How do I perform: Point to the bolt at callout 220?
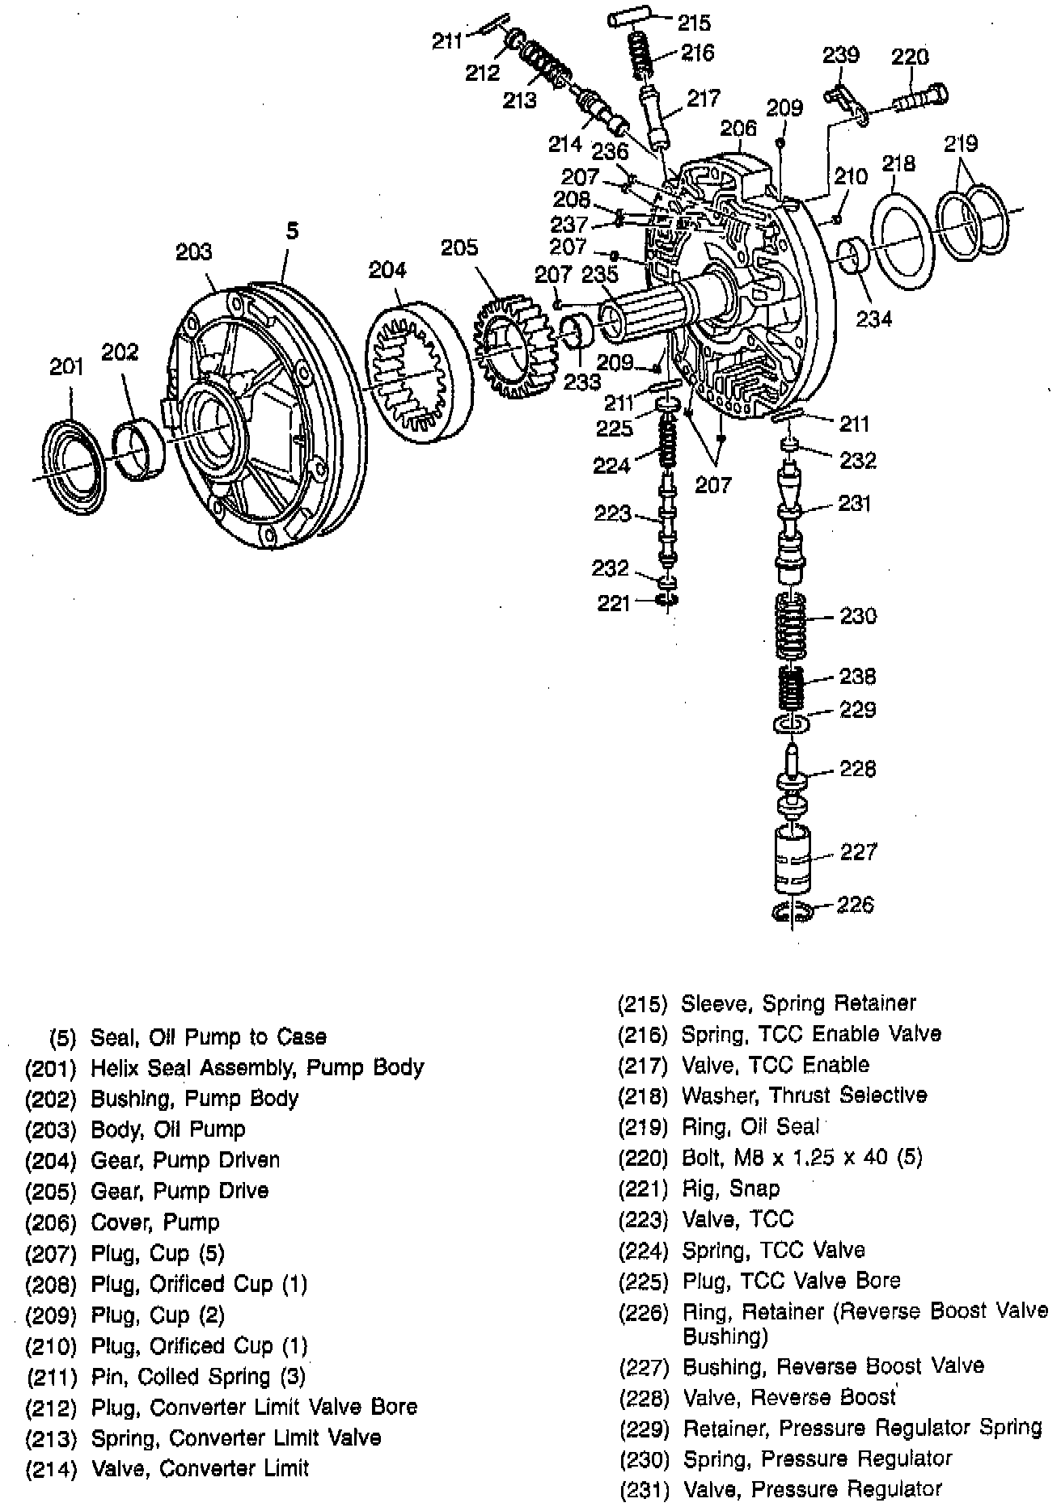click(x=922, y=100)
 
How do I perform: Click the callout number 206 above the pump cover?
click(x=738, y=128)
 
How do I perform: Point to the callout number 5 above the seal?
click(x=292, y=231)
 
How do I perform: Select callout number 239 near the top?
click(x=840, y=55)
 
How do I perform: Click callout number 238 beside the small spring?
click(x=857, y=676)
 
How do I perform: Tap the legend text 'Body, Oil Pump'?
click(x=167, y=1129)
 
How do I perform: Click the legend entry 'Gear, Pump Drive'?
click(x=180, y=1190)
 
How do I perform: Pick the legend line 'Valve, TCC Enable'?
click(x=775, y=1065)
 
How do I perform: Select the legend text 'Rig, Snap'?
click(x=730, y=1188)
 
